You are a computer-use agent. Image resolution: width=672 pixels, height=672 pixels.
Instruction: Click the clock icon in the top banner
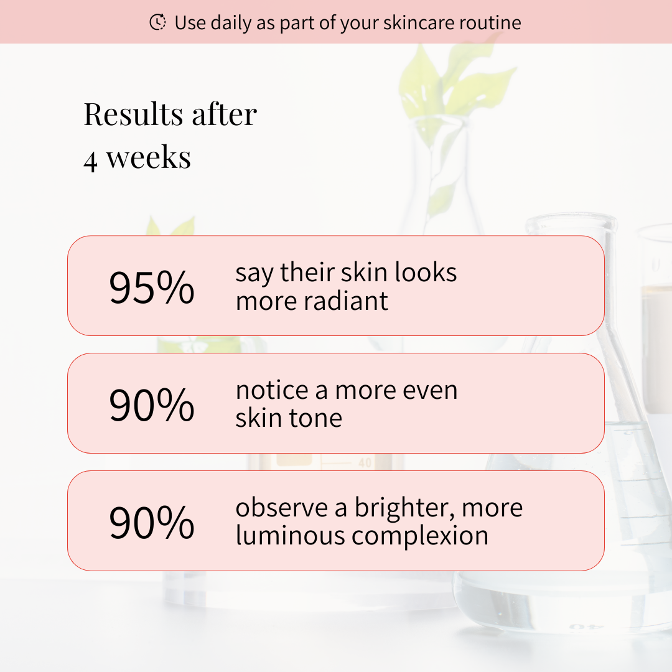[157, 22]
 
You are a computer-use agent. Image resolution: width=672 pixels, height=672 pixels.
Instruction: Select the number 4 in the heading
[90, 161]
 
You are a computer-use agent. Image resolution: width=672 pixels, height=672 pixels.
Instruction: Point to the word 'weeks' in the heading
[148, 157]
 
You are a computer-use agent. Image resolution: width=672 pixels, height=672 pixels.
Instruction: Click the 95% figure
[152, 287]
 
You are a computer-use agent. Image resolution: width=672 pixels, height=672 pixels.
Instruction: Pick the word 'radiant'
[346, 301]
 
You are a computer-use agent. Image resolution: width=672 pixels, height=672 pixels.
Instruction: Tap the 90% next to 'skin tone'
[152, 404]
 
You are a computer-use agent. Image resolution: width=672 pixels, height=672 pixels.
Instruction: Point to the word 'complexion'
[420, 536]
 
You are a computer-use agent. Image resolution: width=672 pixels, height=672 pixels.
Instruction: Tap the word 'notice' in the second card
[272, 390]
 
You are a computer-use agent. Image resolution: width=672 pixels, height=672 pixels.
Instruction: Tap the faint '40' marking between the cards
[365, 463]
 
